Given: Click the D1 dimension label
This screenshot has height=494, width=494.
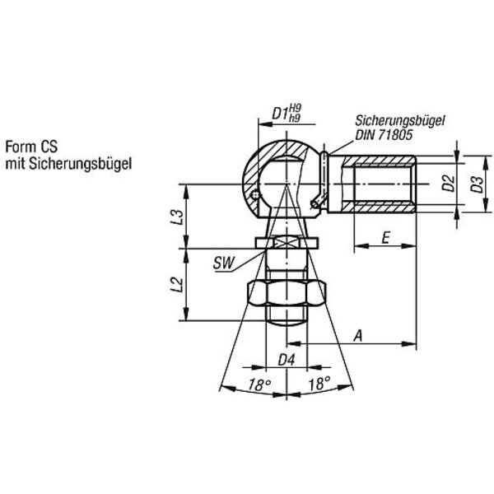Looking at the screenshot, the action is coord(281,113).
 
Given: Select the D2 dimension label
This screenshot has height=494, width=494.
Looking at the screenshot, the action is coord(449,184).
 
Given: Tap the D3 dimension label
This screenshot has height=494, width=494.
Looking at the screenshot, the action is coord(477,184).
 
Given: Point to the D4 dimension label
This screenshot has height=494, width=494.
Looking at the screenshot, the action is coord(287,360).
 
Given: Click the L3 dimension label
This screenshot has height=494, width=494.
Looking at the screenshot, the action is coord(177,217).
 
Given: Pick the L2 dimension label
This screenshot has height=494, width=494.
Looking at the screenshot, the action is coord(177,285).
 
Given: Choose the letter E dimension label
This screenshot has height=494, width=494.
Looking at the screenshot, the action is coord(385,238).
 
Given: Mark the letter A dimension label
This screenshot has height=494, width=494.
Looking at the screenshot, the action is coord(358,336).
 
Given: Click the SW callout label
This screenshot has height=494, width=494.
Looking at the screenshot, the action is coord(224,263).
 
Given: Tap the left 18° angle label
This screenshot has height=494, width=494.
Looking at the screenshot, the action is coord(259,384).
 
